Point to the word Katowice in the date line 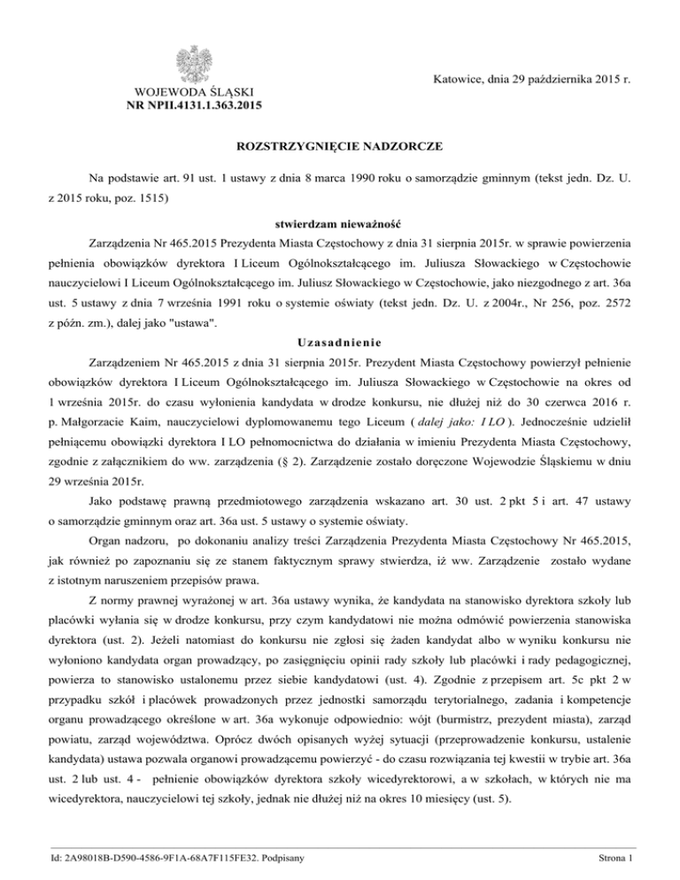click(x=457, y=80)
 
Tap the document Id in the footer click(x=154, y=858)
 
